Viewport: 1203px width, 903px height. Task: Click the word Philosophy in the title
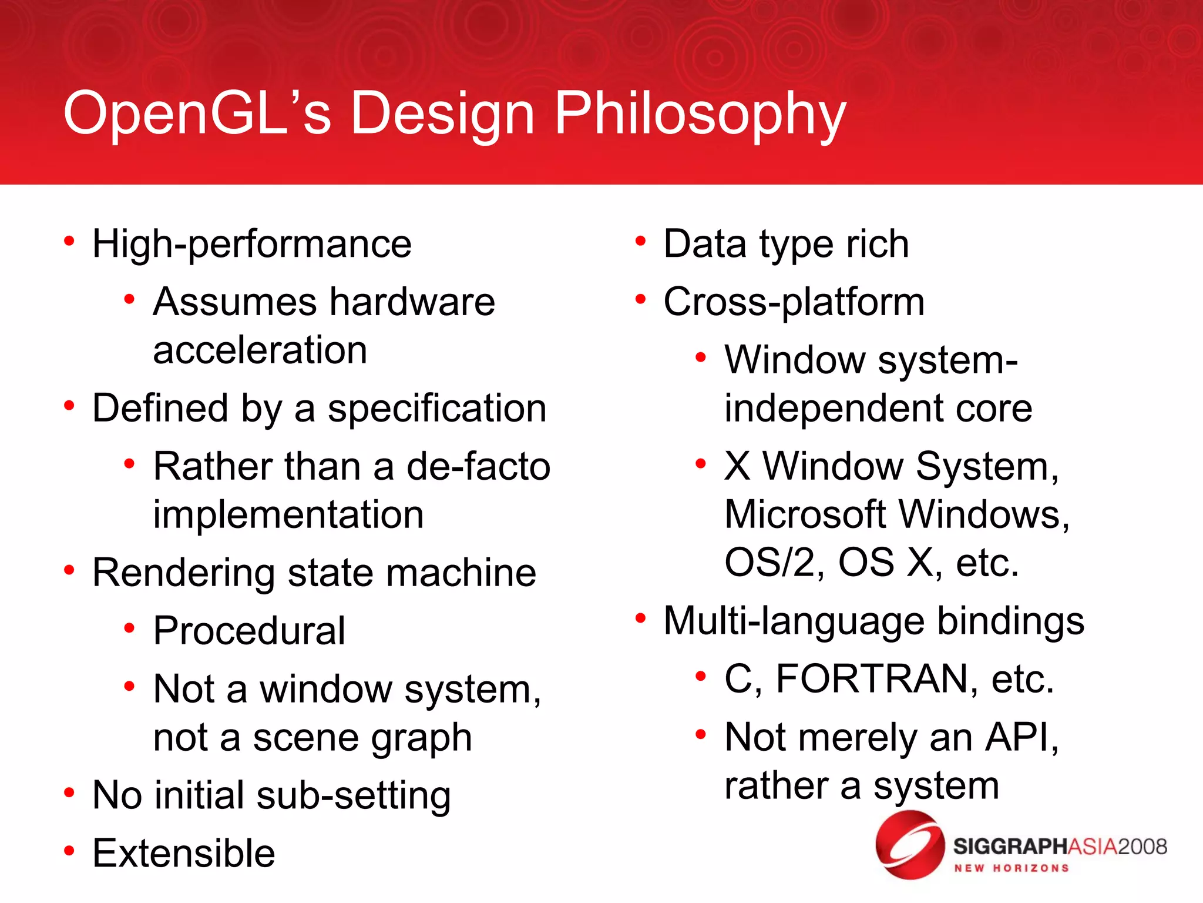700,115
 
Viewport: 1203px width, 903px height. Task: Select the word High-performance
252,245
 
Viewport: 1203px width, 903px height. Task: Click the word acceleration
260,350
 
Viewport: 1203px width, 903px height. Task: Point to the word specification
437,409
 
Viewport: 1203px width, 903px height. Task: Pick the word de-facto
478,467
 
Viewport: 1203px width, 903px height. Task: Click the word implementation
288,515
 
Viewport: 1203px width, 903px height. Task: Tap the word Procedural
249,631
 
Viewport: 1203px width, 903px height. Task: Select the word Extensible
184,854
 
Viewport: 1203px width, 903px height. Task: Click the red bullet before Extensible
69,851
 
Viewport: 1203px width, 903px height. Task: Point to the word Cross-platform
794,303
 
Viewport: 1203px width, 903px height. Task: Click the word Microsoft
805,515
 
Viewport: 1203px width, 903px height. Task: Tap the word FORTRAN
872,680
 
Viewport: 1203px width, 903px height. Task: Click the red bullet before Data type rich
640,241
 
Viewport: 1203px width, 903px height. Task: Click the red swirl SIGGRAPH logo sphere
910,845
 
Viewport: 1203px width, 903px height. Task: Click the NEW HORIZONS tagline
1011,868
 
